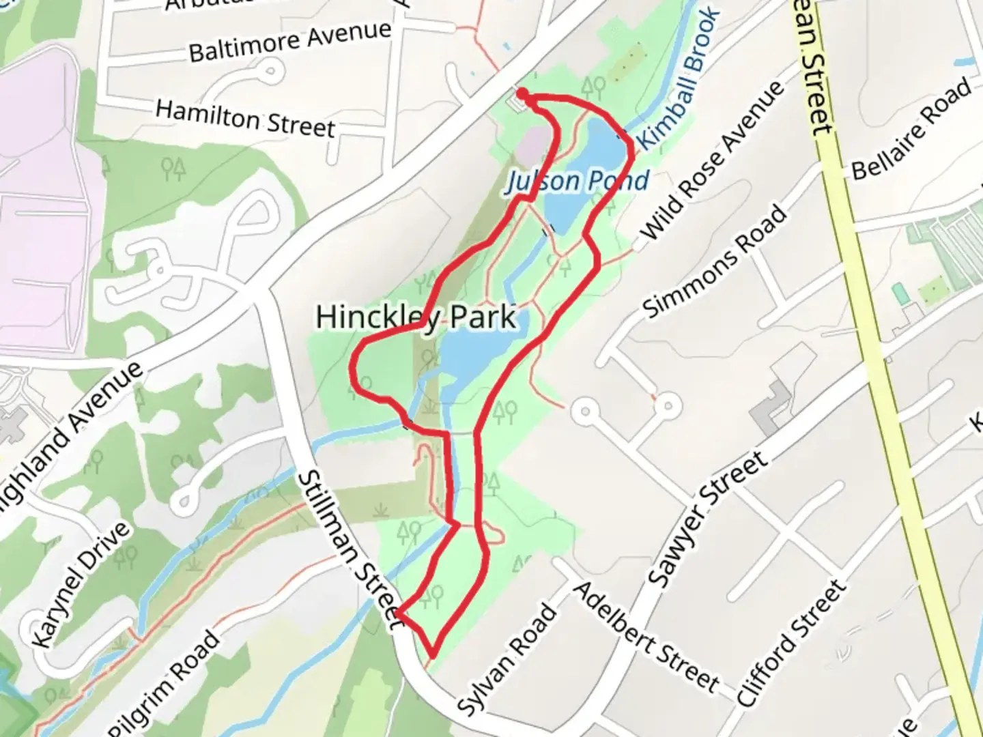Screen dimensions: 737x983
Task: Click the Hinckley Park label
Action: tap(416, 317)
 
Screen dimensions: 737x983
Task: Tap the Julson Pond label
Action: tap(578, 181)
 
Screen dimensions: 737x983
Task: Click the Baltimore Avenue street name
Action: tap(290, 41)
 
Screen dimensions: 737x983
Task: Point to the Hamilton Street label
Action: tap(245, 118)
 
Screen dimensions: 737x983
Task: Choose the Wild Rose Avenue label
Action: tap(713, 161)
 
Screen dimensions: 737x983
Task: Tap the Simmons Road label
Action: tap(714, 262)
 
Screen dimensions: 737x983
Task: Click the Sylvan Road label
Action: tap(506, 660)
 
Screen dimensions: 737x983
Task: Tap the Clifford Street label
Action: tap(793, 644)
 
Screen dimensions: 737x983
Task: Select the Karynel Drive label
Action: tap(81, 585)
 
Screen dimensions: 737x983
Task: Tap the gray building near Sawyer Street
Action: tap(771, 407)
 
